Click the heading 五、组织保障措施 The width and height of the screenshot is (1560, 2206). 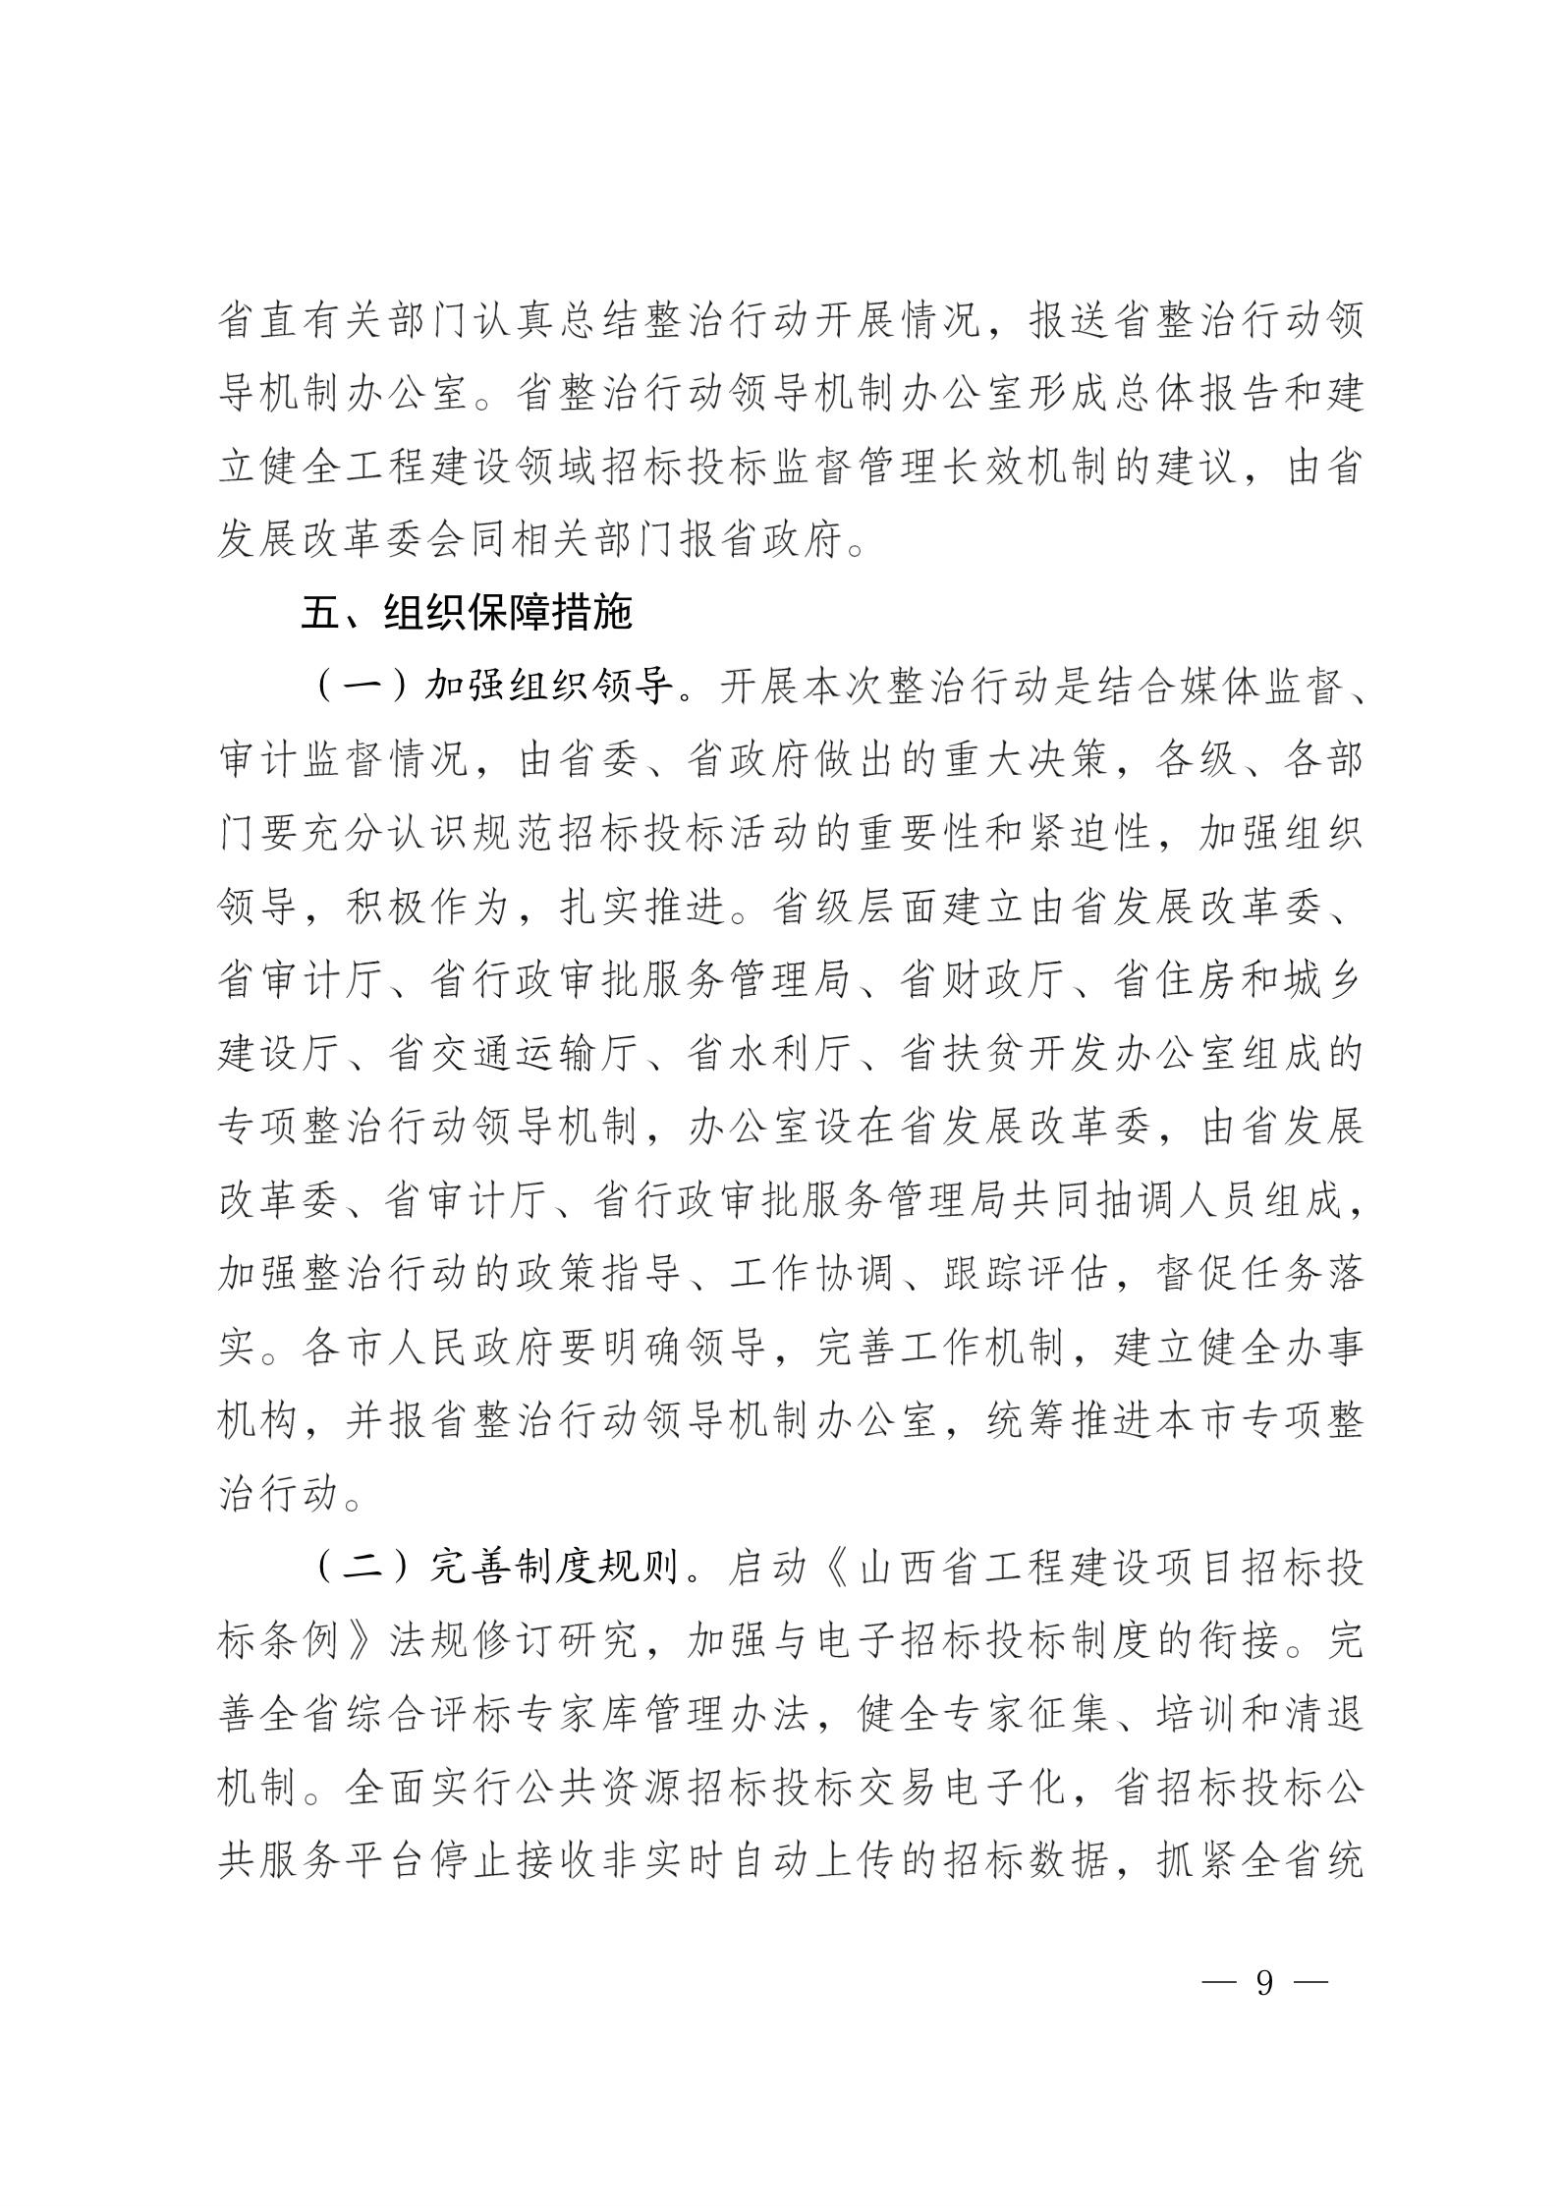467,614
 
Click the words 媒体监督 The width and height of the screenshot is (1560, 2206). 1232,688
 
